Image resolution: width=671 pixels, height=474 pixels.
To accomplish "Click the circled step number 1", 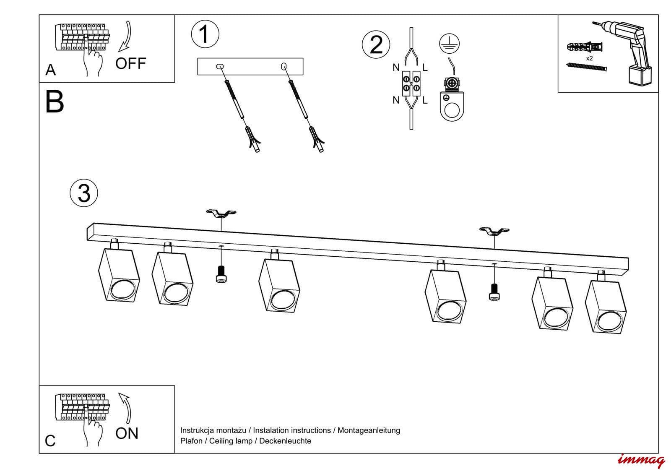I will click(x=205, y=34).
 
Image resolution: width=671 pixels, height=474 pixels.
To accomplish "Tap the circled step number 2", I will click(x=376, y=44).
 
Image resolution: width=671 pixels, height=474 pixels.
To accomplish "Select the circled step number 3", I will click(x=84, y=193).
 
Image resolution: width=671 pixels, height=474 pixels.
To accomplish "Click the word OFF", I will click(x=130, y=64).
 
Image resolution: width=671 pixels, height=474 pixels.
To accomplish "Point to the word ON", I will click(x=127, y=433).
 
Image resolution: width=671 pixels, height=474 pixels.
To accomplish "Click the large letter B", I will click(x=55, y=102).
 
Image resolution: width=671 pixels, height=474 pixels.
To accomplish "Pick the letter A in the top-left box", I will click(x=50, y=70).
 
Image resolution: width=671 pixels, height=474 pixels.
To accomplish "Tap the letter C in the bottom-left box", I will click(x=50, y=441).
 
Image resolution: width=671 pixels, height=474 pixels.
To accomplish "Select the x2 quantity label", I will click(x=589, y=58).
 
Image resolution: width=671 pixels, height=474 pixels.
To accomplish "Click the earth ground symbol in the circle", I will click(x=450, y=43).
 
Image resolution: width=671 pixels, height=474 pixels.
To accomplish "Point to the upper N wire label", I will click(x=396, y=67).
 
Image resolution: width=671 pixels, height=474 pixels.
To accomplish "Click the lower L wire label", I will click(x=425, y=100).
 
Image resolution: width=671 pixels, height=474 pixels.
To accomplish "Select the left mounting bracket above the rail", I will click(x=221, y=214).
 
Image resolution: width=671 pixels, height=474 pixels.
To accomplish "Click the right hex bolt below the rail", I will click(x=494, y=292).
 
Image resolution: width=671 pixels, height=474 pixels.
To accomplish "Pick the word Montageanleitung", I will click(x=369, y=430).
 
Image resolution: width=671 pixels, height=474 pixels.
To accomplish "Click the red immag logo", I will click(x=641, y=460).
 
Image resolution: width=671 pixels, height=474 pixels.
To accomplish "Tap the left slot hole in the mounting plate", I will click(x=219, y=66).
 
